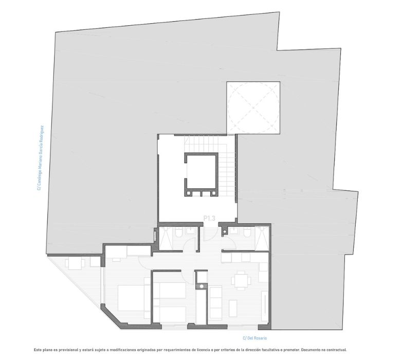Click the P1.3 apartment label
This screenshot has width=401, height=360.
point(209,218)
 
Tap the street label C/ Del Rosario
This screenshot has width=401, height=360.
point(254,338)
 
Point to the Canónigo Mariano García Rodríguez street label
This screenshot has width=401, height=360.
point(40,157)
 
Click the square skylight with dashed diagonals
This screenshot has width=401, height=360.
point(253,107)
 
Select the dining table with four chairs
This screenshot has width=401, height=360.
point(241,281)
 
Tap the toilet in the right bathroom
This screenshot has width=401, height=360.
point(247,232)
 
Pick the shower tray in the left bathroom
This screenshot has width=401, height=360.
point(166,239)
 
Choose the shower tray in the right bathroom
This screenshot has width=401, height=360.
point(262,239)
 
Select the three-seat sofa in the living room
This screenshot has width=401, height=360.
point(215,303)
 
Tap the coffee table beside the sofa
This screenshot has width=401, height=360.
point(233,309)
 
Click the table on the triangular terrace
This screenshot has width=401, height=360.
point(75,264)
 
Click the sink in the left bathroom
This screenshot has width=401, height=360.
point(190,231)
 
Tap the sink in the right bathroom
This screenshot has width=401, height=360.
point(234,231)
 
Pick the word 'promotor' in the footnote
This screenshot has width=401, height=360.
point(291,350)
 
